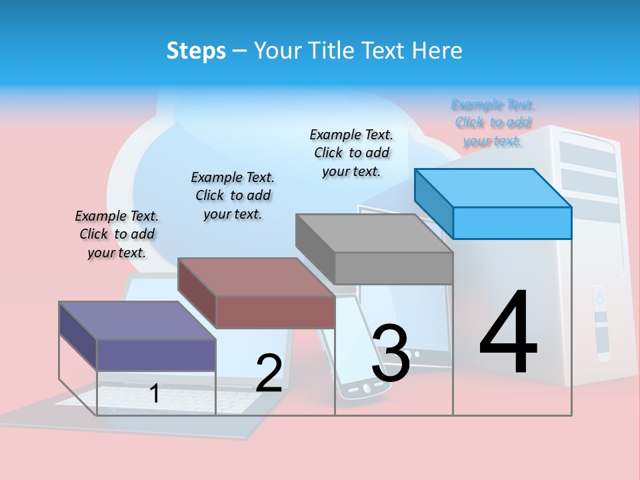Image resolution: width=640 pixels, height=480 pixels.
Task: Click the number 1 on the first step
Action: pos(155,393)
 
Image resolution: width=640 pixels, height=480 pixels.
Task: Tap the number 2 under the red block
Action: pos(269,373)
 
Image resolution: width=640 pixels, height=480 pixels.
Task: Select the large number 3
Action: pos(391,353)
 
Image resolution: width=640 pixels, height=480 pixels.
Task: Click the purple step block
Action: pos(156,354)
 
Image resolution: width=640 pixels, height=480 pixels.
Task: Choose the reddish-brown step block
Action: pos(275,311)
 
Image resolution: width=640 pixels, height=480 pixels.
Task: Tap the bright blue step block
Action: pos(512,222)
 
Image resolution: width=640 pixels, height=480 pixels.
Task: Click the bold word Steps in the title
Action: pos(196,51)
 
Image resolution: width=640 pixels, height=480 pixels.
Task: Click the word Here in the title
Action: pos(438,51)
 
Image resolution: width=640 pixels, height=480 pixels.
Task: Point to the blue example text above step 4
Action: pos(493,123)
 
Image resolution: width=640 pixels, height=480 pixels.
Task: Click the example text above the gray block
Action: pos(351,153)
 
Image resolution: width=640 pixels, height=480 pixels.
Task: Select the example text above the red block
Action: pos(233,195)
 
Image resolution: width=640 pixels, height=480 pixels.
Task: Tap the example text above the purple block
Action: pos(117,234)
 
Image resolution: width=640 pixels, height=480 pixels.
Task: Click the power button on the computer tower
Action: pos(599,299)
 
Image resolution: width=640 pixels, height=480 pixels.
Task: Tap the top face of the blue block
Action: pos(493,187)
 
